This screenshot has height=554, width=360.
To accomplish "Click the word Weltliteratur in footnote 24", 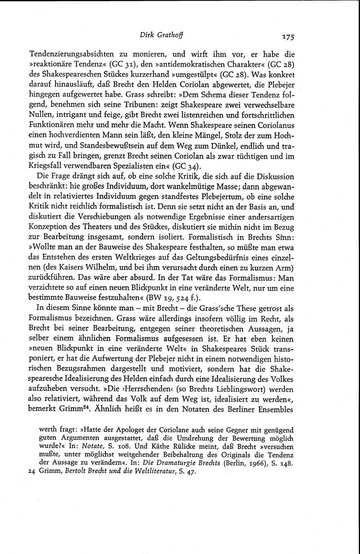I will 153,472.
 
